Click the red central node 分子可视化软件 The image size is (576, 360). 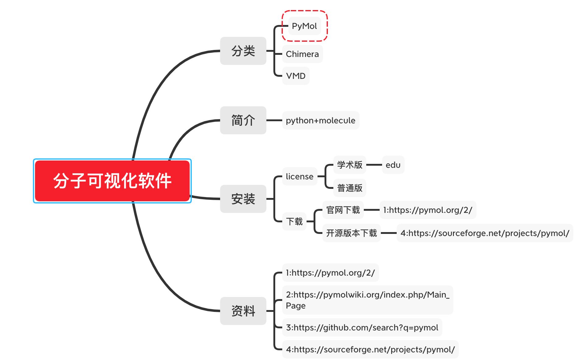(x=112, y=181)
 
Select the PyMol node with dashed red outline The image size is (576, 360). (x=304, y=26)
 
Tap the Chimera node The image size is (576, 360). (x=302, y=54)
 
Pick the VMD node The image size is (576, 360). (x=296, y=76)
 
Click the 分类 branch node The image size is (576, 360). (x=243, y=51)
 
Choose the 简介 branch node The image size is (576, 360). (x=243, y=120)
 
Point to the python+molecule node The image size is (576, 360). (x=321, y=121)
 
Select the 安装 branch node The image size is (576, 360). (x=243, y=199)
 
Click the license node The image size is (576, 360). (x=300, y=176)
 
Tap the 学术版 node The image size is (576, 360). (x=350, y=165)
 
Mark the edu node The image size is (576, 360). (x=393, y=165)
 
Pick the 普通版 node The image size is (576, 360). (x=350, y=188)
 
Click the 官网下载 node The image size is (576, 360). (x=343, y=210)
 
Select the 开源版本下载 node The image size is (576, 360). (x=352, y=233)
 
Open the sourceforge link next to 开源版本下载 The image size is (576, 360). (x=485, y=233)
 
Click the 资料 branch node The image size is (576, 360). (x=243, y=311)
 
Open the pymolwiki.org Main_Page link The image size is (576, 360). (x=367, y=300)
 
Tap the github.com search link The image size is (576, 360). (x=362, y=328)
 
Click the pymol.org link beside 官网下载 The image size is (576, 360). (x=428, y=210)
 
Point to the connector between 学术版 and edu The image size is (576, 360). (x=374, y=165)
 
